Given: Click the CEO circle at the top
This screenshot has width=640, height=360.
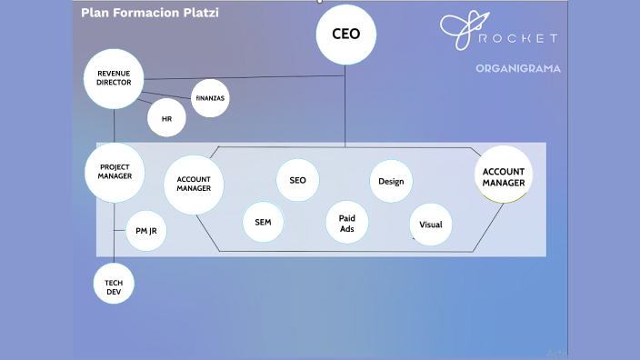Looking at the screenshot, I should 345,35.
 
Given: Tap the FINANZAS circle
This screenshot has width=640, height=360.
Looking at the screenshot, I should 210,98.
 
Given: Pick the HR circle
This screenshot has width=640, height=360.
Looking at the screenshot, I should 166,118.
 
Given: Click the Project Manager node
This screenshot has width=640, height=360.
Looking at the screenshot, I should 115,172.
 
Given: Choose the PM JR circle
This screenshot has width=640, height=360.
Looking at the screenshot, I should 145,231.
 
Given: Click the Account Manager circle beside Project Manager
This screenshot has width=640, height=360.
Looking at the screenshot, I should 194,184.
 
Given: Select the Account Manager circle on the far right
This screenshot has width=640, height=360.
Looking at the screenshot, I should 504,176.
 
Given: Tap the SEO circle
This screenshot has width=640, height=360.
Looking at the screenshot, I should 297,180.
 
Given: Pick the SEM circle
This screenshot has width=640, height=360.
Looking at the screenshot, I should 263,222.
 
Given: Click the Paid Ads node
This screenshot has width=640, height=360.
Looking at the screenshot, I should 346,223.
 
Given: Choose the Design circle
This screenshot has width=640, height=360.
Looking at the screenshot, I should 391,181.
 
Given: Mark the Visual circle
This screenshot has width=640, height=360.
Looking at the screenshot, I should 430,224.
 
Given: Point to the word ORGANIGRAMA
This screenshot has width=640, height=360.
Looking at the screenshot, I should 517,68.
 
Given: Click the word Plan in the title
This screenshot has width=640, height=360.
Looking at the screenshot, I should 94,14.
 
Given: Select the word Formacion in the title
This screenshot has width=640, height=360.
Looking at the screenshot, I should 143,14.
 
